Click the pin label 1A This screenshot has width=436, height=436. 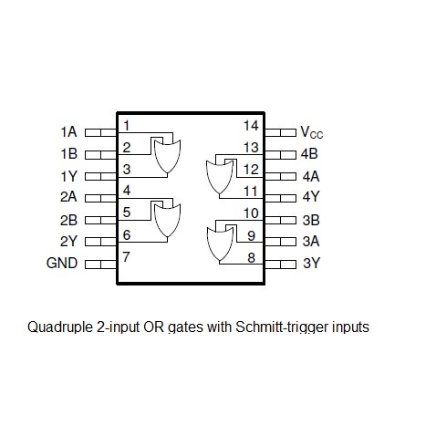[x=68, y=132]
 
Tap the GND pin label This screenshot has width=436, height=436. [x=62, y=263]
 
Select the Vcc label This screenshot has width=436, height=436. [x=312, y=132]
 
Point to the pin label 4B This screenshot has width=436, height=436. [x=309, y=154]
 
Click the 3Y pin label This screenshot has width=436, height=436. [x=311, y=263]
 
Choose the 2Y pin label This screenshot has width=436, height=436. [x=68, y=241]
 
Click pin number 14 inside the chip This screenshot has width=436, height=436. [x=251, y=126]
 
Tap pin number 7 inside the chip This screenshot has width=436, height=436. [x=126, y=257]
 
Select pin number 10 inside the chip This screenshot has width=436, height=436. [x=251, y=213]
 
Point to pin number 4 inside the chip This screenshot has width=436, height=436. [x=127, y=191]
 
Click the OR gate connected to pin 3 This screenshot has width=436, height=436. [x=167, y=157]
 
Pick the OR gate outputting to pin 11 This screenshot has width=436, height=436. [x=220, y=177]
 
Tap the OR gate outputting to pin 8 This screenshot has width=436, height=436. [x=220, y=244]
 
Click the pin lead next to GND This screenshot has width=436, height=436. [x=100, y=265]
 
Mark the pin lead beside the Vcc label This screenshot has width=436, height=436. [x=280, y=132]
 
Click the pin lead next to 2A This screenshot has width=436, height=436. [x=100, y=198]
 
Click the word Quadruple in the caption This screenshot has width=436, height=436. [x=60, y=327]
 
